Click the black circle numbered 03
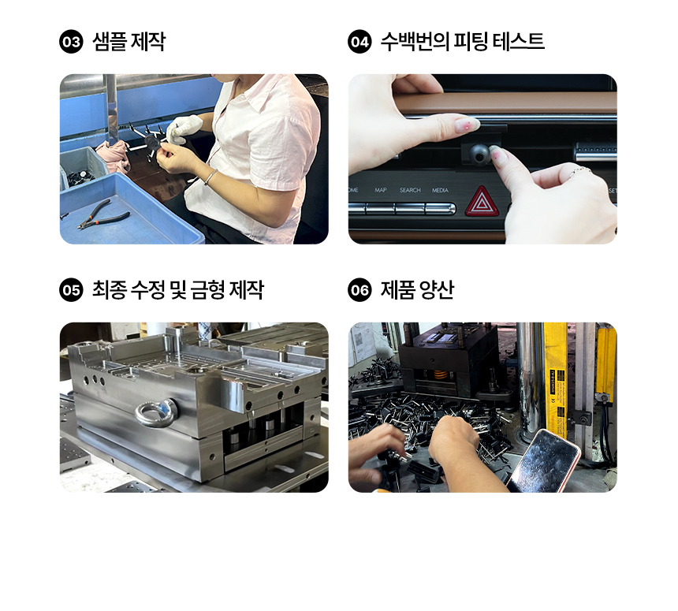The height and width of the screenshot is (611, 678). tap(71, 42)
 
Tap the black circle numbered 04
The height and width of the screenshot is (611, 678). tap(359, 42)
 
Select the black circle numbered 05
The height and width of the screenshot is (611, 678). tap(71, 290)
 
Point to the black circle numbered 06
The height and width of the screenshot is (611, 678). tap(359, 290)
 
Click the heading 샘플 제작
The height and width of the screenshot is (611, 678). tap(129, 42)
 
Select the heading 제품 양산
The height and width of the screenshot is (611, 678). tap(417, 289)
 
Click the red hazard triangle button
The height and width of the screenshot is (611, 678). tap(482, 202)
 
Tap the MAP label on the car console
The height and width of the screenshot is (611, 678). tap(381, 190)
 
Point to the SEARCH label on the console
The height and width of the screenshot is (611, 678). tap(410, 190)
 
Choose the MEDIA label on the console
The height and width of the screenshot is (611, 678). tap(440, 190)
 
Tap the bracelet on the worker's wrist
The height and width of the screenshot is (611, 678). tap(210, 177)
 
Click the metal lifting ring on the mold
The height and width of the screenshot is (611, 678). tap(156, 413)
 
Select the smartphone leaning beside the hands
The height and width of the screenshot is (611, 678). tap(543, 461)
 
